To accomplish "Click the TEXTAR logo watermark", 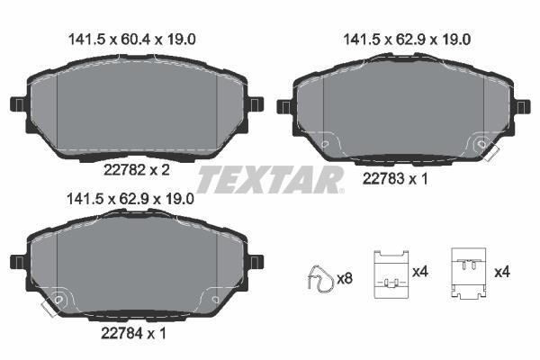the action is pyautogui.click(x=270, y=179).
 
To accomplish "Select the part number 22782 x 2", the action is pyautogui.click(x=137, y=170).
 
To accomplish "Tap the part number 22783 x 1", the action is pyautogui.click(x=395, y=179).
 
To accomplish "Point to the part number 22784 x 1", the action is pyautogui.click(x=133, y=333).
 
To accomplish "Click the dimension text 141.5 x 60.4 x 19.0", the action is pyautogui.click(x=132, y=40).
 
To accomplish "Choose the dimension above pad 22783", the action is pyautogui.click(x=407, y=40).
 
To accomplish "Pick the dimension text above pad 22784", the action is pyautogui.click(x=130, y=199).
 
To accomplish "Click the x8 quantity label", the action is pyautogui.click(x=345, y=278).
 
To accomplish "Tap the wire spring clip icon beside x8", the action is pyautogui.click(x=320, y=279).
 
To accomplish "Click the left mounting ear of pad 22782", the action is pyautogui.click(x=18, y=104).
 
